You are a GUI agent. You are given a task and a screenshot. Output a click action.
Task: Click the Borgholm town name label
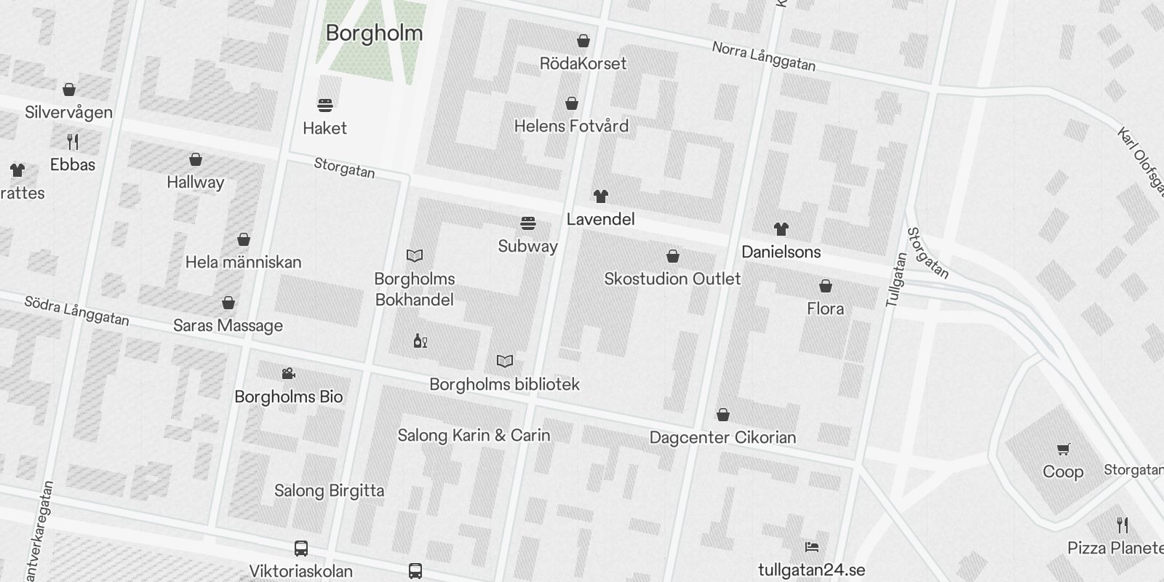click(x=374, y=33)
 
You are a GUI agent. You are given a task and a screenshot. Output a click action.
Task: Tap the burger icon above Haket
click(x=325, y=105)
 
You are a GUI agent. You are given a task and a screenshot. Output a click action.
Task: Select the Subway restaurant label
click(x=527, y=247)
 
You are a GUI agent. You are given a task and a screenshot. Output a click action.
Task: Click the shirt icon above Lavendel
click(x=600, y=196)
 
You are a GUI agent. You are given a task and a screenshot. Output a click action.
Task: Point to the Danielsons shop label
click(x=781, y=252)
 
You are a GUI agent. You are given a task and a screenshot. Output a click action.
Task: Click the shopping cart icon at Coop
click(x=1063, y=449)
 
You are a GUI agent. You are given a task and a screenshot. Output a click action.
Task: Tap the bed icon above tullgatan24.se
click(x=812, y=547)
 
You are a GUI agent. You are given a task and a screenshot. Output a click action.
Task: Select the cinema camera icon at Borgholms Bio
click(x=288, y=374)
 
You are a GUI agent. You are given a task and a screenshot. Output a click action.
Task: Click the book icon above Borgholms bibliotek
click(x=505, y=361)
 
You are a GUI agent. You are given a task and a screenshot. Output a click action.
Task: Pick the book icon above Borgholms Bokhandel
click(x=415, y=255)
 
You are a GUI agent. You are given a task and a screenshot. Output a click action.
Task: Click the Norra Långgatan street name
click(x=763, y=57)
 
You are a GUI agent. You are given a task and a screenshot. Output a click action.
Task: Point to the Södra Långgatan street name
click(x=76, y=311)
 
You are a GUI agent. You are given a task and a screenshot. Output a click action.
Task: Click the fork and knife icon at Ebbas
click(x=73, y=140)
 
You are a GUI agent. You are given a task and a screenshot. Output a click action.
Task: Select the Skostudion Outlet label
click(x=672, y=279)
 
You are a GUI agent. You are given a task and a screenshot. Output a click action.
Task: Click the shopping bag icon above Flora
click(x=826, y=286)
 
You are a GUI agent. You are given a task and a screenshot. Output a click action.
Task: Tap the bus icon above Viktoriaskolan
click(x=300, y=549)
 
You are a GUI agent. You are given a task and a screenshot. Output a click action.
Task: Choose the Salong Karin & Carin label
click(x=474, y=436)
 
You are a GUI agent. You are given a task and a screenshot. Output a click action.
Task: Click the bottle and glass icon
click(x=420, y=340)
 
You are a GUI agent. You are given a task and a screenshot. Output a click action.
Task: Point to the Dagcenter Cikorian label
click(x=722, y=438)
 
